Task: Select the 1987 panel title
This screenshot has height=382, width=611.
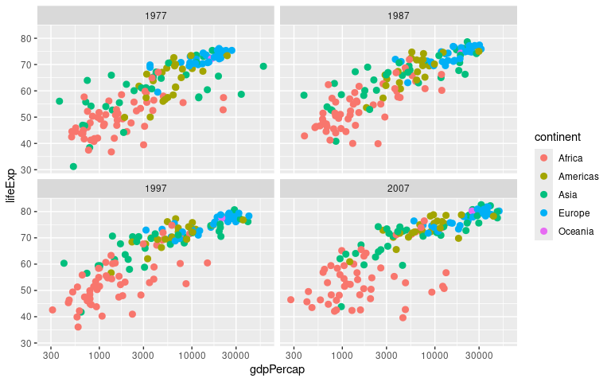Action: [x=399, y=16]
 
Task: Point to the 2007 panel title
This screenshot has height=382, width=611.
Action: [x=399, y=189]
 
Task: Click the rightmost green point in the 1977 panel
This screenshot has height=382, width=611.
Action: [x=263, y=66]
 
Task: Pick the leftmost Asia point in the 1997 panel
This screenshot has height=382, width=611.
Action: [x=64, y=263]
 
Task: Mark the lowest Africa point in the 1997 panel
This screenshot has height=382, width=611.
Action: [x=78, y=327]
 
